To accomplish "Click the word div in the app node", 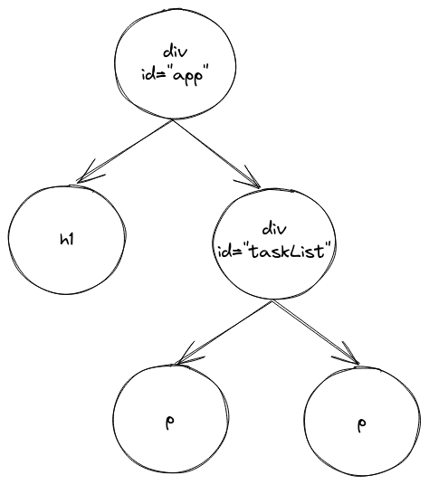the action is pyautogui.click(x=176, y=52).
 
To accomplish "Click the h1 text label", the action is pyautogui.click(x=67, y=239).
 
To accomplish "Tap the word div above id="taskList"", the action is pyautogui.click(x=274, y=229).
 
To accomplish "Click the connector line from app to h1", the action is pyautogui.click(x=124, y=151).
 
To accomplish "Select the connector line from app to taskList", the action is pyautogui.click(x=216, y=154).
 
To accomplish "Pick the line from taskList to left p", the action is pyautogui.click(x=224, y=332).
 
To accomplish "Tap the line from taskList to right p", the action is pyautogui.click(x=316, y=333).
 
